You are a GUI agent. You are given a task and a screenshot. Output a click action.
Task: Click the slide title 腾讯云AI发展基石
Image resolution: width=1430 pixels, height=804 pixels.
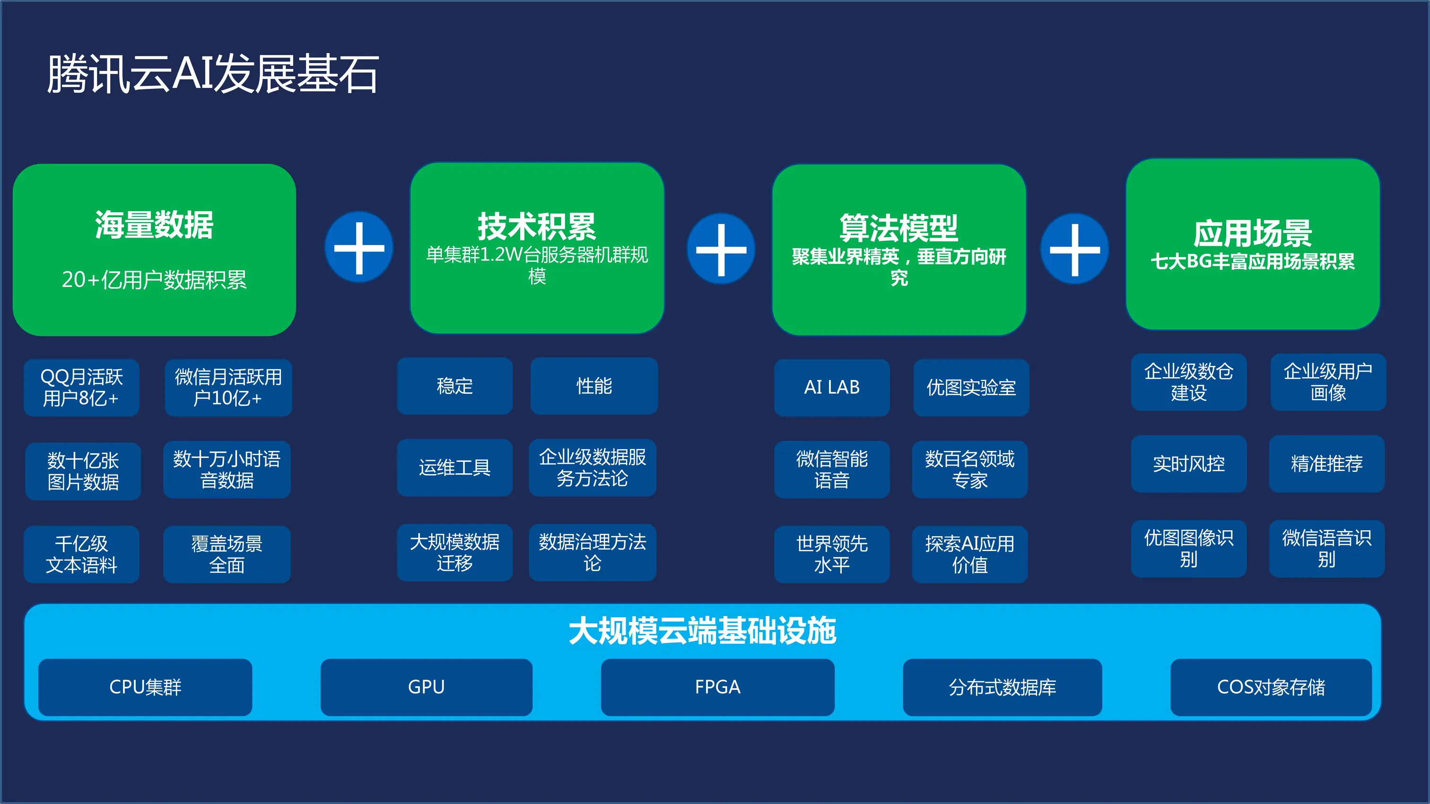click(x=213, y=74)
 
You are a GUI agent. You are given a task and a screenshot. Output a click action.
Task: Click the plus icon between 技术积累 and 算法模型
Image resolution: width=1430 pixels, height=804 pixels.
click(x=721, y=249)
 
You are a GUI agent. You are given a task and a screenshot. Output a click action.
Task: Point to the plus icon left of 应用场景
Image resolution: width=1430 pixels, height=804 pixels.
click(x=1074, y=249)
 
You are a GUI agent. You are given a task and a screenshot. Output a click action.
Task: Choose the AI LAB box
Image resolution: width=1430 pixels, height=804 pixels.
click(x=832, y=387)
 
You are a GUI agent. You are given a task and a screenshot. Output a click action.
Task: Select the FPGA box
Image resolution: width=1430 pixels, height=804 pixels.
click(x=717, y=687)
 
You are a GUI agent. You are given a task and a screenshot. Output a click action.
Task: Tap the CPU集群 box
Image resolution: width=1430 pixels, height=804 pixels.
click(x=145, y=687)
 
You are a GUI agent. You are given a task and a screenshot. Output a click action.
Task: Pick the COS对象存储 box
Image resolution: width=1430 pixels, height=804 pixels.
click(x=1271, y=687)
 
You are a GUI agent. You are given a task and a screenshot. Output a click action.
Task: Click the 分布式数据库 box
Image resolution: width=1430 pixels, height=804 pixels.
click(x=1002, y=687)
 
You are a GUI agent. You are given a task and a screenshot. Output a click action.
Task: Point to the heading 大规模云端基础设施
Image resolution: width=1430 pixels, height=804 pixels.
click(x=702, y=631)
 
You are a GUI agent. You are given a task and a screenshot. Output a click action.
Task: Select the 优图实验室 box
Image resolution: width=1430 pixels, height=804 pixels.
click(x=971, y=387)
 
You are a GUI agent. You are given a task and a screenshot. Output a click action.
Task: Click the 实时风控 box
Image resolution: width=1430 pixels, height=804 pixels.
click(x=1188, y=464)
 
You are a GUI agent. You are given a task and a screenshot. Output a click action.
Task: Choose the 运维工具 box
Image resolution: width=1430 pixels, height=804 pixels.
click(x=454, y=468)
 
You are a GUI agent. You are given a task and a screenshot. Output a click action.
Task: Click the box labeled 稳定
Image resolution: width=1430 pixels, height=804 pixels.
click(x=454, y=386)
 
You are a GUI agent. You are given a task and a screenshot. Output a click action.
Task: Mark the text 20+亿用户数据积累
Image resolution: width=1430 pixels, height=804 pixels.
click(x=154, y=280)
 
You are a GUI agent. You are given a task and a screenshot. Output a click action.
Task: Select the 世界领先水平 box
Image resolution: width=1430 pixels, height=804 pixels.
click(x=832, y=554)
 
